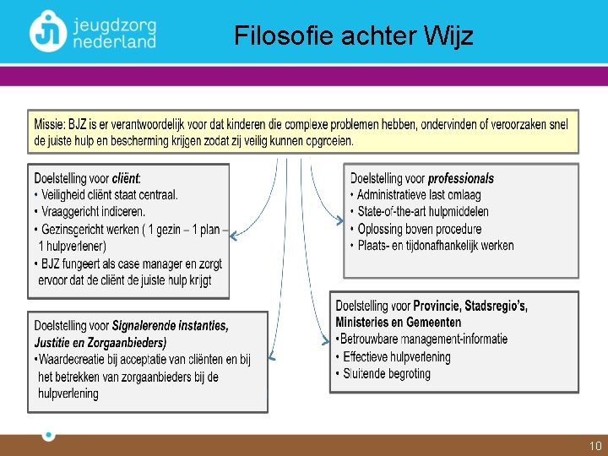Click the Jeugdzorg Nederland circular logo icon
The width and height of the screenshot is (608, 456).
47,31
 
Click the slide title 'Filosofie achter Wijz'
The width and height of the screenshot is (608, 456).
354,36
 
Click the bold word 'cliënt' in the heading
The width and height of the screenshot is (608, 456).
126,179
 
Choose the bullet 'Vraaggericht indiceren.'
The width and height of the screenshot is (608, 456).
93,211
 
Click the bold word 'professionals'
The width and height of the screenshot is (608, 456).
461,179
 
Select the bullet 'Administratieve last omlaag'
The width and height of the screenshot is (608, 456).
419,195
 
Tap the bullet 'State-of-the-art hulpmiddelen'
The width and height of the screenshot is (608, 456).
423,212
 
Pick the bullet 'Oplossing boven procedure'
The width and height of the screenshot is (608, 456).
420,229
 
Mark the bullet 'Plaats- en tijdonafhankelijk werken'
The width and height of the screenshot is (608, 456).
435,246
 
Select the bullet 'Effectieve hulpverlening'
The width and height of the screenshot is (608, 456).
397,356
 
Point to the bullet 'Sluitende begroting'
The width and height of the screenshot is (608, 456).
387,373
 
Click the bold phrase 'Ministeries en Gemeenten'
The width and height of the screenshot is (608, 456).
399,322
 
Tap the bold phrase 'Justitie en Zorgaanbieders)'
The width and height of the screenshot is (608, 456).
100,342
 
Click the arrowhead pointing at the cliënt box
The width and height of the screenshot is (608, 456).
234,236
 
